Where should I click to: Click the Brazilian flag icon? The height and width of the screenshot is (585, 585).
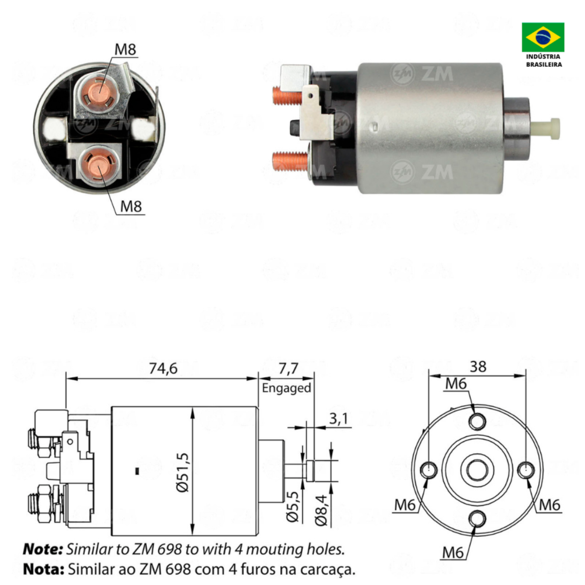[x=543, y=37]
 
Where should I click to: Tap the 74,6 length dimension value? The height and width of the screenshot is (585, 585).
[x=163, y=369]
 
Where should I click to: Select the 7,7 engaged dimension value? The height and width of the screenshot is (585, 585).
[x=288, y=369]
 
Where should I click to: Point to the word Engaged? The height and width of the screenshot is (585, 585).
[x=286, y=388]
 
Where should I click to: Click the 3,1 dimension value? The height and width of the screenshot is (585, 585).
[x=338, y=419]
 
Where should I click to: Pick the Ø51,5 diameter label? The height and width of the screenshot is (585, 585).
[x=183, y=472]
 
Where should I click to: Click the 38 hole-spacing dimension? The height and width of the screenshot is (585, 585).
[x=478, y=367]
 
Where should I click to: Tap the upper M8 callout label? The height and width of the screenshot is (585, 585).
[x=125, y=50]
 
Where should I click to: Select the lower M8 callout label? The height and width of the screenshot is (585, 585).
[x=131, y=207]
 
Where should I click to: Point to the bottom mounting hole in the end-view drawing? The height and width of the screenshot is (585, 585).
[x=477, y=518]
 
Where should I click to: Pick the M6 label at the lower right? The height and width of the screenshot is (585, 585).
[x=549, y=505]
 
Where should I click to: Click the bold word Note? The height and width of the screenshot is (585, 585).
[x=43, y=549]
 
